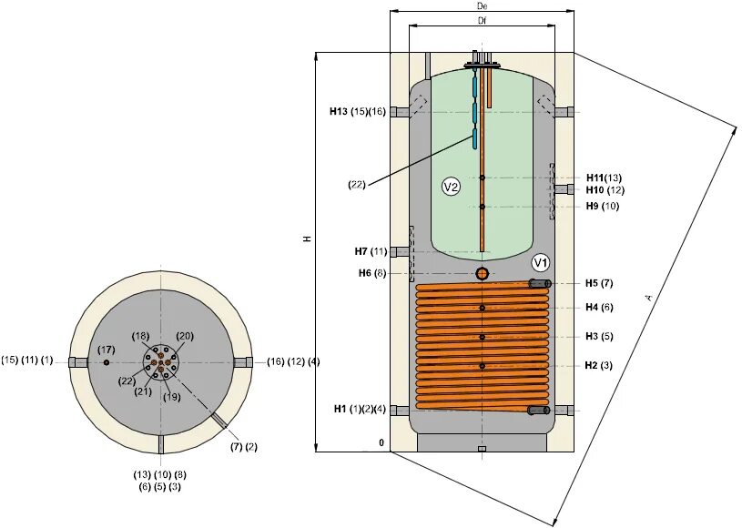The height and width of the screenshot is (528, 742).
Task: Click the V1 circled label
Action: tap(541, 263)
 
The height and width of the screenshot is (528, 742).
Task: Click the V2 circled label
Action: tap(451, 187)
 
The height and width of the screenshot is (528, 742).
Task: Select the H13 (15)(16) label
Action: tap(358, 112)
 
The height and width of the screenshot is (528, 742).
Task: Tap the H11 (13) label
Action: tap(604, 178)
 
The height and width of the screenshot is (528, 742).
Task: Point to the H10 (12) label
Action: tap(605, 190)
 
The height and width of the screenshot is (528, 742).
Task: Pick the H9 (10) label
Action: tap(603, 207)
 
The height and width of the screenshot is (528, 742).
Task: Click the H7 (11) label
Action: tap(371, 251)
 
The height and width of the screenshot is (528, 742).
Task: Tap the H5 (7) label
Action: tap(599, 283)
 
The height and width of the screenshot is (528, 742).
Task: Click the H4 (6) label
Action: tap(599, 307)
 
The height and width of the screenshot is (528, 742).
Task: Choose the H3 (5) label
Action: tap(599, 336)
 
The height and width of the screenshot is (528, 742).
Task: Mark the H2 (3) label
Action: tap(599, 365)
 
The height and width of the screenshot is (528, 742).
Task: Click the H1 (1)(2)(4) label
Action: tap(359, 409)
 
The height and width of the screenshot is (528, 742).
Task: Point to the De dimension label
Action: tap(482, 6)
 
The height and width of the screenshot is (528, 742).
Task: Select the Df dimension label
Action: tap(482, 20)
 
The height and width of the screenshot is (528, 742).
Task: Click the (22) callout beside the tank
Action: tap(356, 185)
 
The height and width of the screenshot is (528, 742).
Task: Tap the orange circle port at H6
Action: tap(482, 273)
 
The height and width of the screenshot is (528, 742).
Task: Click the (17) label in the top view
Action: tap(107, 350)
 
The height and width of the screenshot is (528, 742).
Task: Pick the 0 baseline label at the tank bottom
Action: tap(383, 445)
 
